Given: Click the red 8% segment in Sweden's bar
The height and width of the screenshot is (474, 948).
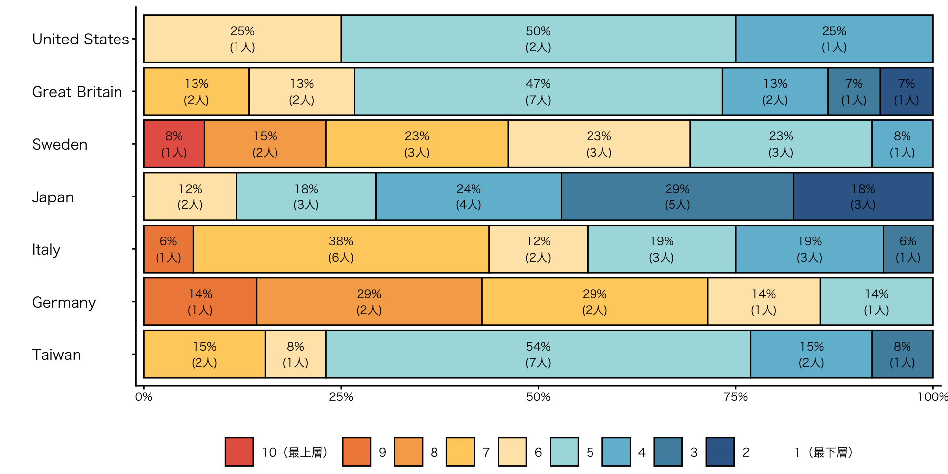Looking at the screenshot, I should (174, 144).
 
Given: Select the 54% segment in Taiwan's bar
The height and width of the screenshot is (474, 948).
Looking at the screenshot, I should (538, 354).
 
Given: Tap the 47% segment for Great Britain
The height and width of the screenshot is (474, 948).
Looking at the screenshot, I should (538, 91).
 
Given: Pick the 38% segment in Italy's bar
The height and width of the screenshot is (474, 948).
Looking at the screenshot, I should (341, 249).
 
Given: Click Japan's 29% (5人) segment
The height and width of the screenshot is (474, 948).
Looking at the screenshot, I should (677, 197).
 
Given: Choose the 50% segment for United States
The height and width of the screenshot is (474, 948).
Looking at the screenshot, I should (538, 39).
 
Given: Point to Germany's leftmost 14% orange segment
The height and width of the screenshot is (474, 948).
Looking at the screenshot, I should (200, 302).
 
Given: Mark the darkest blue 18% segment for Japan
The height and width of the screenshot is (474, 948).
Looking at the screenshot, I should (863, 197).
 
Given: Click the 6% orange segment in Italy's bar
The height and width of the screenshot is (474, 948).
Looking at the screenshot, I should (168, 249).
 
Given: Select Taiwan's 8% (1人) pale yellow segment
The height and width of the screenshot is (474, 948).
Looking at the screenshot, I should (295, 354).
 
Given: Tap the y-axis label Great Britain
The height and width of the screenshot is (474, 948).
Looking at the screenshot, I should (77, 92).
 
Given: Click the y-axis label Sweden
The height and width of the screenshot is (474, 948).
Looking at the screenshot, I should (60, 144).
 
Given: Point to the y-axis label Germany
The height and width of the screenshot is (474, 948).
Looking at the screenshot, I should (64, 302).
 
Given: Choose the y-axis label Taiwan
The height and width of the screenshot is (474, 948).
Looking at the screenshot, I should (56, 355).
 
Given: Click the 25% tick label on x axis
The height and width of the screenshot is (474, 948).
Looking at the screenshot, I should (341, 397).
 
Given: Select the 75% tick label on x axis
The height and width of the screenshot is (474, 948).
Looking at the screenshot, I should (735, 397).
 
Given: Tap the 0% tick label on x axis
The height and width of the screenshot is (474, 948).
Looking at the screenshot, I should (144, 397).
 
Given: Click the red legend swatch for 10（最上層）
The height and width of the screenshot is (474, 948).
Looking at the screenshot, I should (239, 452).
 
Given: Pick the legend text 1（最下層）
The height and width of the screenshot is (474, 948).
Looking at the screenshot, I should (824, 452).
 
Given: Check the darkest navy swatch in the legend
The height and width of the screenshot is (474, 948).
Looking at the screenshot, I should (719, 452).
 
